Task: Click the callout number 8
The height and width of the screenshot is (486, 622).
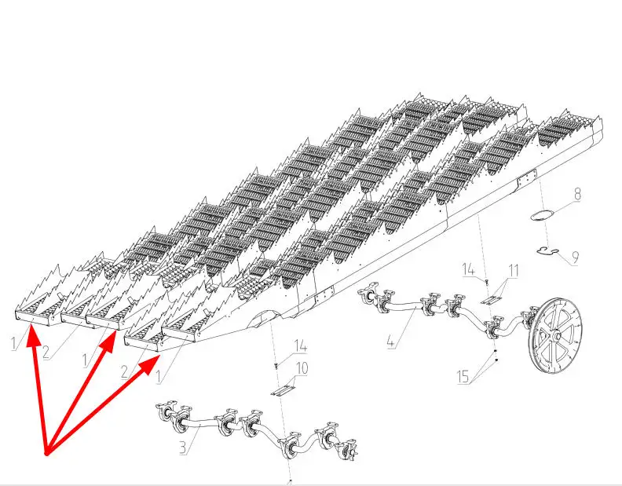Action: (x=577, y=195)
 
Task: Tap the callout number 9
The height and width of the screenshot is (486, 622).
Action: (x=574, y=258)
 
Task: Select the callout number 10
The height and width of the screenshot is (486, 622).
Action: (x=302, y=368)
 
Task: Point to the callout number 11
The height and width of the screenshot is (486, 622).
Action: (x=514, y=271)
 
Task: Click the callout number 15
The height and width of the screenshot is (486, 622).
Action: (x=463, y=377)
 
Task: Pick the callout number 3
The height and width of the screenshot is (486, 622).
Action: (x=182, y=448)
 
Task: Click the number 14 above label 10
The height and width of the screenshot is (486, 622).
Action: (x=300, y=346)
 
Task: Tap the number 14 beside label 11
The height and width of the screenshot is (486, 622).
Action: (x=469, y=270)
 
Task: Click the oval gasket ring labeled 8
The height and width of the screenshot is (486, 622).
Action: (x=542, y=216)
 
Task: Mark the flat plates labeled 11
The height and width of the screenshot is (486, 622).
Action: (x=492, y=300)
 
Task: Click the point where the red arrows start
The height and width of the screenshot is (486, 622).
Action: (x=46, y=454)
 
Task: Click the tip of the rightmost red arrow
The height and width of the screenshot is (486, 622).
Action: (x=160, y=356)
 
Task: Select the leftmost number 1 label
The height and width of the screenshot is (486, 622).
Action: (x=15, y=343)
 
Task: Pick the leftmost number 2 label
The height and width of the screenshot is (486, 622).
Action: (x=46, y=353)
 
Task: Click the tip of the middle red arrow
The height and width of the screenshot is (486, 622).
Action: (x=115, y=331)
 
